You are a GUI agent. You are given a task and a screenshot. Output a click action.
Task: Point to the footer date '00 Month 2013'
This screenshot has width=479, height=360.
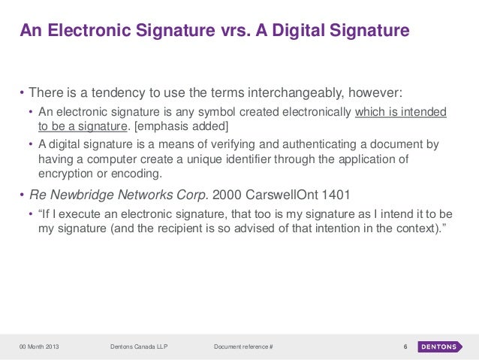(x=40, y=346)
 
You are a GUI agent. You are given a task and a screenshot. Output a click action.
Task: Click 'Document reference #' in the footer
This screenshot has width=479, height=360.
(x=243, y=346)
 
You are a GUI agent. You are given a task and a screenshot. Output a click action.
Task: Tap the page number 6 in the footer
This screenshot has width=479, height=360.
(x=405, y=346)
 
